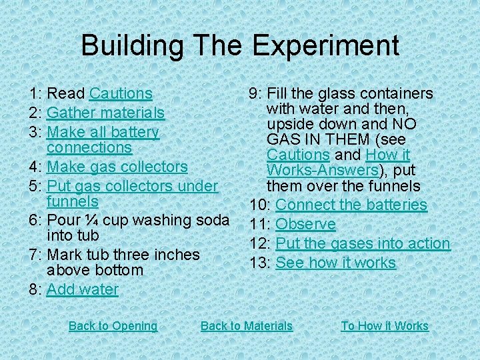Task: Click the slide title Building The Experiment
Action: click(x=240, y=45)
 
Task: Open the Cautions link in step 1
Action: click(x=121, y=94)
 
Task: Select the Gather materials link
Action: click(x=105, y=113)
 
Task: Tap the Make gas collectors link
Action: click(x=117, y=167)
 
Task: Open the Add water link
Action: click(x=83, y=289)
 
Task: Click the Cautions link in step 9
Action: click(x=298, y=155)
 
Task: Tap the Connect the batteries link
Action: click(x=351, y=205)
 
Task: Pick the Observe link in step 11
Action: click(x=305, y=224)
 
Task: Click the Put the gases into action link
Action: click(x=363, y=243)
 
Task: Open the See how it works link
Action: click(x=335, y=263)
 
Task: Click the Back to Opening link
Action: click(x=113, y=326)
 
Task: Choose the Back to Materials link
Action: click(x=246, y=326)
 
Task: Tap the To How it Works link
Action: click(x=385, y=326)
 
